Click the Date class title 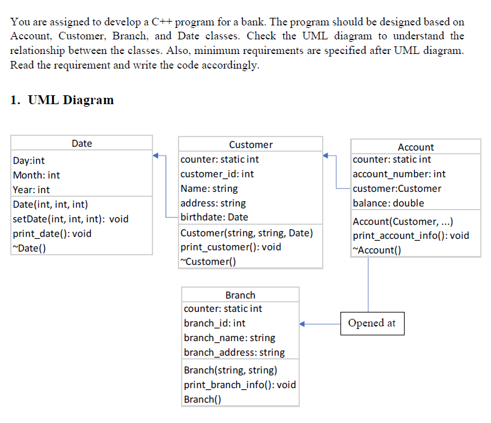[x=81, y=144]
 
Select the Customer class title [x=250, y=145]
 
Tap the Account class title [x=415, y=147]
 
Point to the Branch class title [x=240, y=295]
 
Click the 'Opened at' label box [x=372, y=323]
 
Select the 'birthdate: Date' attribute [x=214, y=218]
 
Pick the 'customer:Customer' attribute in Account [x=397, y=189]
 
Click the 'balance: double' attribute [x=388, y=203]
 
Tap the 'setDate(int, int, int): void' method [x=71, y=219]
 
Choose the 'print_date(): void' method [x=52, y=234]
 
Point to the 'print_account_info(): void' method [x=411, y=236]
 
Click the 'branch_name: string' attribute [x=229, y=338]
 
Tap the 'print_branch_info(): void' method [x=239, y=385]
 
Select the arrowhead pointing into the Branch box [x=304, y=324]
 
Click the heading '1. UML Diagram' [x=62, y=100]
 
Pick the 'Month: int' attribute [x=37, y=175]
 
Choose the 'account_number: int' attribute [x=399, y=174]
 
